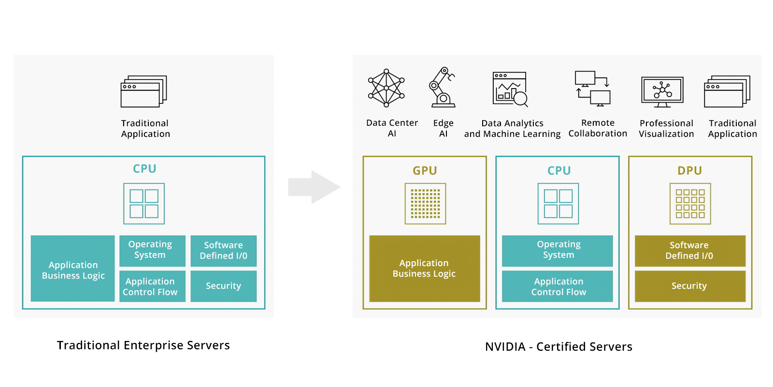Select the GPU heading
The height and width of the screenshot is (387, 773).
(425, 171)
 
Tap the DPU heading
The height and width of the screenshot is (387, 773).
(689, 171)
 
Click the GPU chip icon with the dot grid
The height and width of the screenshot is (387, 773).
(425, 204)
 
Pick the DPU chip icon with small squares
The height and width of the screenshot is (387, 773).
(690, 204)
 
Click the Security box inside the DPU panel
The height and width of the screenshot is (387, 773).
(689, 286)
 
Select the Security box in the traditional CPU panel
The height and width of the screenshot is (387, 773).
(223, 286)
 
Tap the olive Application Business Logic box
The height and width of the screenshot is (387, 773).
(424, 268)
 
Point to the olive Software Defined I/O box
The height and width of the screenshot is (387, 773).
(689, 251)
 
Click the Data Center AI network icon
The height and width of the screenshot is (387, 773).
(386, 88)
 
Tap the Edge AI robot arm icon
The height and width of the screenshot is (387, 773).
(442, 88)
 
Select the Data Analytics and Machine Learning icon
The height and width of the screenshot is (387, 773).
(510, 89)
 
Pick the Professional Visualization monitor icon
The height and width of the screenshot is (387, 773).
(662, 91)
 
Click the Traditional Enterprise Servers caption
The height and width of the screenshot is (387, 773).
(143, 345)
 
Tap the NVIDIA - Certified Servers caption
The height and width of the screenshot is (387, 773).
(558, 347)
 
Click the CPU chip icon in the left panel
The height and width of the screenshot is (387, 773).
(144, 204)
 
